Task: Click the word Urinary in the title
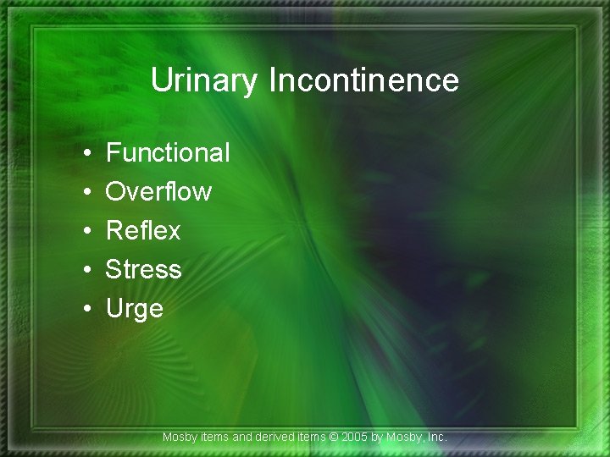[206, 81]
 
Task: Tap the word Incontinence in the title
[363, 81]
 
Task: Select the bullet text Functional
[168, 153]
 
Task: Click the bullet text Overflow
[158, 192]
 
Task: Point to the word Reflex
[143, 231]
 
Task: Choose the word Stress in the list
[143, 270]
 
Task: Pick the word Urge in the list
[134, 309]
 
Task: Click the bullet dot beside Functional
[88, 154]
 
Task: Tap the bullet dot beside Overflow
[88, 193]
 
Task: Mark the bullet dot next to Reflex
[88, 232]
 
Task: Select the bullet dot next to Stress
[88, 271]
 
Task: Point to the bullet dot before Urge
[88, 310]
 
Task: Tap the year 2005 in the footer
[357, 438]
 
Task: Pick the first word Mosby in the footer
[179, 438]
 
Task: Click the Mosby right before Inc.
[405, 438]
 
